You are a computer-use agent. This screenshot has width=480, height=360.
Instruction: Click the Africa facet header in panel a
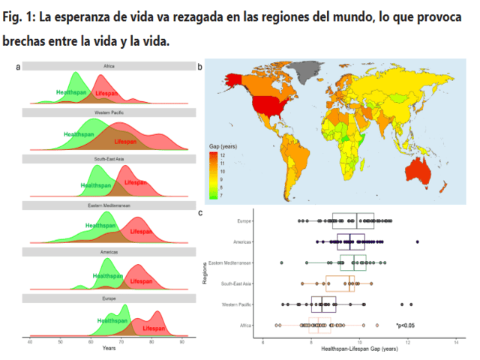point(109,67)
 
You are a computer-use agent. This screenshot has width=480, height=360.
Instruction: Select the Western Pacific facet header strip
point(109,112)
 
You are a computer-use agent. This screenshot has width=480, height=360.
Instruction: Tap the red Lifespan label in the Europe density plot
point(154,328)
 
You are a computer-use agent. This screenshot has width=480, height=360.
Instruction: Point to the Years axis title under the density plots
point(109,349)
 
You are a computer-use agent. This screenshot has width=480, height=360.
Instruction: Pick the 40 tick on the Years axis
point(30,342)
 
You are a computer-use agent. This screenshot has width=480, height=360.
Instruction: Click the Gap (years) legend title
point(222,145)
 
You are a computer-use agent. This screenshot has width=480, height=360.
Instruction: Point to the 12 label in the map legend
point(223,154)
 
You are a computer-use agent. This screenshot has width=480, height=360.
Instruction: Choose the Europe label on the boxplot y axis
point(244,221)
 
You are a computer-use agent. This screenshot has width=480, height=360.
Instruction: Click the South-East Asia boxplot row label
point(236,283)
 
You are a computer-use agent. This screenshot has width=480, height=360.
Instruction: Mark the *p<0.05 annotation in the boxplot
point(406,325)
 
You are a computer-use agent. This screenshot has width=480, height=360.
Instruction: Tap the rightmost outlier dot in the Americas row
point(417,242)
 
